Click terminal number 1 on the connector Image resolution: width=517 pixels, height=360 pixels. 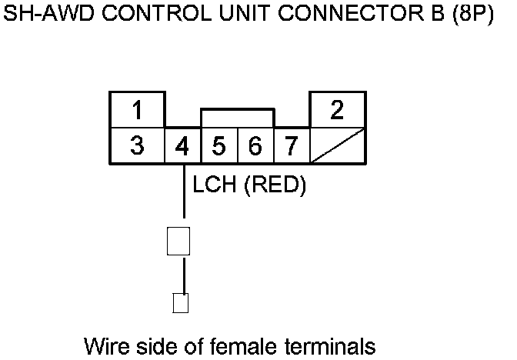137,110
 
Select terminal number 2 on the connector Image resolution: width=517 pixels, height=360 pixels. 337,110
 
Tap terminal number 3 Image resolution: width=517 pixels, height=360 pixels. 137,145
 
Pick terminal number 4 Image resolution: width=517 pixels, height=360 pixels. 182,145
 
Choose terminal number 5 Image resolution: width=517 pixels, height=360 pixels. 218,145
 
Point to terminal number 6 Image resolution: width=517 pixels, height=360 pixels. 255,145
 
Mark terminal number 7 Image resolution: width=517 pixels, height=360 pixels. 291,145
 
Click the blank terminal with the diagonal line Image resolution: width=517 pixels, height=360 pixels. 337,145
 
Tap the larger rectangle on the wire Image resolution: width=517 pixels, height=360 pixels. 178,241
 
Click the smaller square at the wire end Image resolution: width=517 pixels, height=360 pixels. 181,302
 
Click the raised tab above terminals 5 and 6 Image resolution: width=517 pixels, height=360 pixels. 237,118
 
